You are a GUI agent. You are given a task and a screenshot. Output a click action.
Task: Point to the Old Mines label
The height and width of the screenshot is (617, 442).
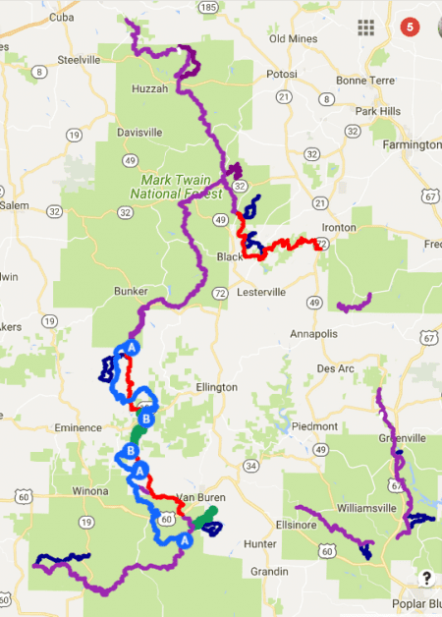click(290, 38)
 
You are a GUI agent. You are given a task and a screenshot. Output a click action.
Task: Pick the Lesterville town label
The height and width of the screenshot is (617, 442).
click(259, 292)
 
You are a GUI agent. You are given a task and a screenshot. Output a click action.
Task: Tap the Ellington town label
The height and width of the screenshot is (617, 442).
click(216, 387)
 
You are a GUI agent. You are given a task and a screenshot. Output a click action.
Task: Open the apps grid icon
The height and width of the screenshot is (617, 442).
click(367, 27)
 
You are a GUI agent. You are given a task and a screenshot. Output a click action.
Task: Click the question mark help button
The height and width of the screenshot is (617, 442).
click(427, 578)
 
